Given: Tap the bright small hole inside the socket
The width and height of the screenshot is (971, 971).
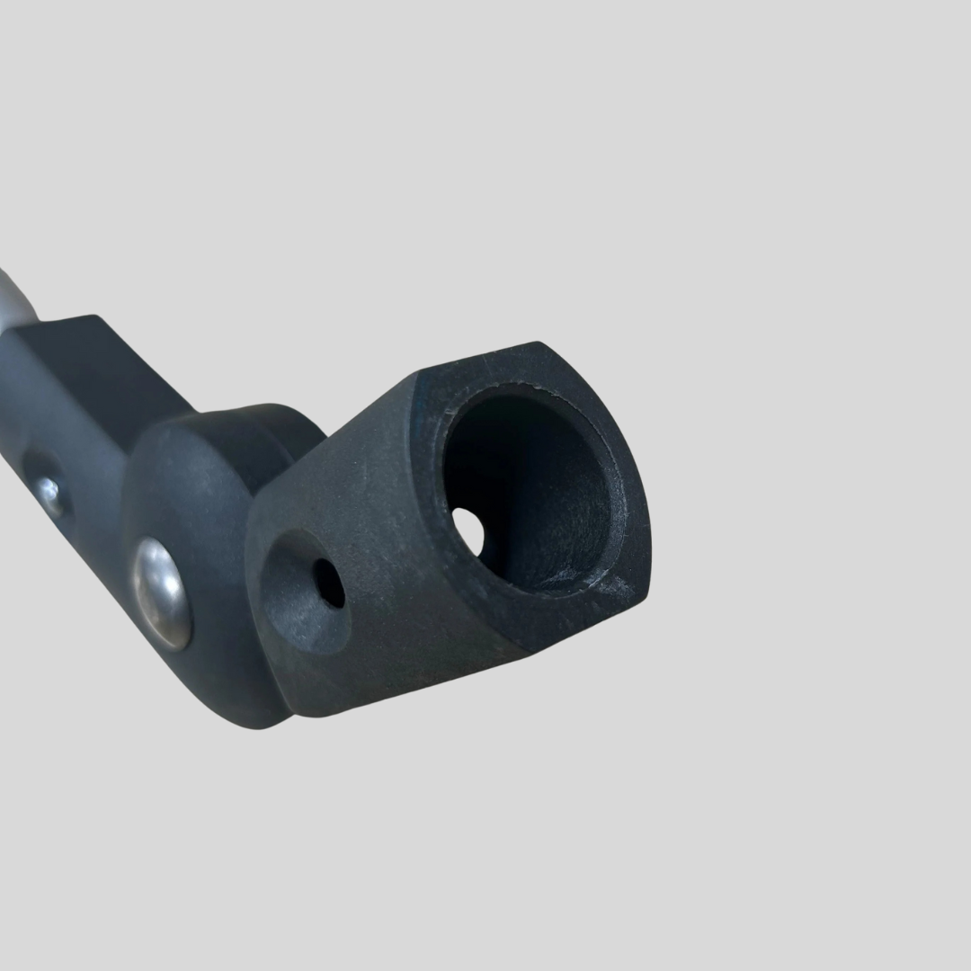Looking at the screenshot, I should coord(468,530).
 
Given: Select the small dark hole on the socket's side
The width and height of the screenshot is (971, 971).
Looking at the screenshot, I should coord(329,583).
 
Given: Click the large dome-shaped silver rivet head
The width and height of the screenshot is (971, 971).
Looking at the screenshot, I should coord(162,593).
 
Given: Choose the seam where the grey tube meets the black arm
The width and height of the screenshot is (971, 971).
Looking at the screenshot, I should coord(36,324).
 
